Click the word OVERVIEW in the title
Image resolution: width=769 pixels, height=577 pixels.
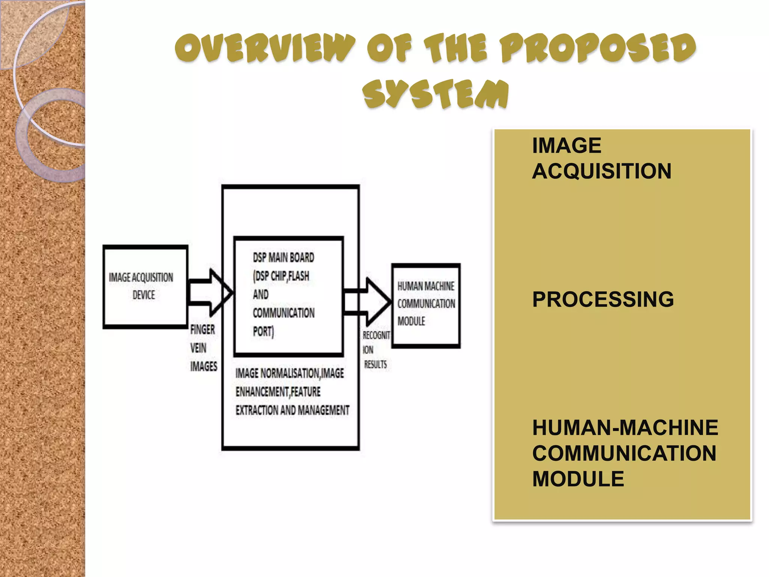click(265, 48)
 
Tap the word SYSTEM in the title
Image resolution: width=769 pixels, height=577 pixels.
click(436, 94)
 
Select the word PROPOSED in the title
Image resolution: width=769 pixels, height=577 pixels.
click(599, 48)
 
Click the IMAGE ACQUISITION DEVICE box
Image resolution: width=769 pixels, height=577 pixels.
click(145, 287)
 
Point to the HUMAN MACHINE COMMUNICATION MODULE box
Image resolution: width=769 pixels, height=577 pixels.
click(426, 305)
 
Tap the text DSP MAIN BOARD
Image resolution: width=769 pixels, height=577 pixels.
click(283, 258)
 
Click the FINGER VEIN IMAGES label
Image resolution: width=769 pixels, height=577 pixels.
click(203, 348)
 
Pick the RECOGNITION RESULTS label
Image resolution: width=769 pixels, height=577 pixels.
click(375, 350)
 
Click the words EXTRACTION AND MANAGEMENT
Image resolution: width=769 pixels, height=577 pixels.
click(292, 410)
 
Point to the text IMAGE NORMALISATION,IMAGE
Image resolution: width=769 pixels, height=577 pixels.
click(290, 373)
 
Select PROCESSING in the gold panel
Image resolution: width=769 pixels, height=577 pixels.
click(603, 299)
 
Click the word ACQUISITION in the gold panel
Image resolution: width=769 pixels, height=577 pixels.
click(602, 171)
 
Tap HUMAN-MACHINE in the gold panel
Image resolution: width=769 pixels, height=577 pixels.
click(625, 428)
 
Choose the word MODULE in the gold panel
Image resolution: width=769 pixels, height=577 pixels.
click(578, 479)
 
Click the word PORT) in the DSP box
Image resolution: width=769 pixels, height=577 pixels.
click(263, 331)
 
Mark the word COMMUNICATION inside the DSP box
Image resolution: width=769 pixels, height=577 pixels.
click(283, 313)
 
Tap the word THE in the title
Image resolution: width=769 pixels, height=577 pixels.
click(456, 48)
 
